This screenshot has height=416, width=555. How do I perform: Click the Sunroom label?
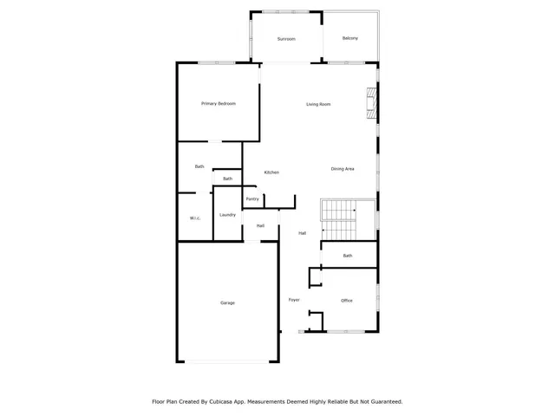pyautogui.click(x=286, y=39)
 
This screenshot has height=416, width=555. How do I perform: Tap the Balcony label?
pyautogui.click(x=349, y=38)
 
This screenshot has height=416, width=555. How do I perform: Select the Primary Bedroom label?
pyautogui.click(x=219, y=104)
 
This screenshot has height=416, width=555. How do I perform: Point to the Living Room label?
pyautogui.click(x=318, y=105)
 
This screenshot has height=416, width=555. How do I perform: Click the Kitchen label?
pyautogui.click(x=271, y=172)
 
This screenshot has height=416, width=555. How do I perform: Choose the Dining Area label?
pyautogui.click(x=343, y=168)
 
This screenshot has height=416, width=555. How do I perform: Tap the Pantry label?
pyautogui.click(x=252, y=199)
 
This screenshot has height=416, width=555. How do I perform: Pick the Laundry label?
pyautogui.click(x=228, y=215)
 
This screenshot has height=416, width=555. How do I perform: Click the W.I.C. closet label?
pyautogui.click(x=195, y=218)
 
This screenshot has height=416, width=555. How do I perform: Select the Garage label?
pyautogui.click(x=227, y=302)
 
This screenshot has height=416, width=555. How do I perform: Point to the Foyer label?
pyautogui.click(x=294, y=300)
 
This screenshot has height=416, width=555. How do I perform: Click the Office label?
pyautogui.click(x=346, y=301)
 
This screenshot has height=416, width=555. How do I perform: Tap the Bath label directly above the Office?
pyautogui.click(x=348, y=256)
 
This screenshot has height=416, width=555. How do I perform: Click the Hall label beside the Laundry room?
pyautogui.click(x=260, y=226)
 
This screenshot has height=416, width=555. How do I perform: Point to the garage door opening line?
pyautogui.click(x=228, y=361)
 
